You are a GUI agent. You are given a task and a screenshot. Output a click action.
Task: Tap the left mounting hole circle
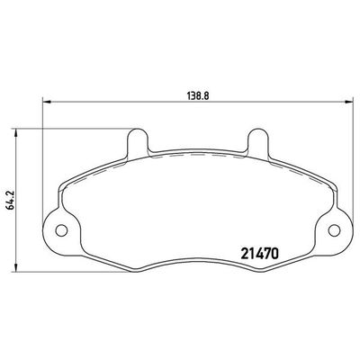click(x=61, y=229)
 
